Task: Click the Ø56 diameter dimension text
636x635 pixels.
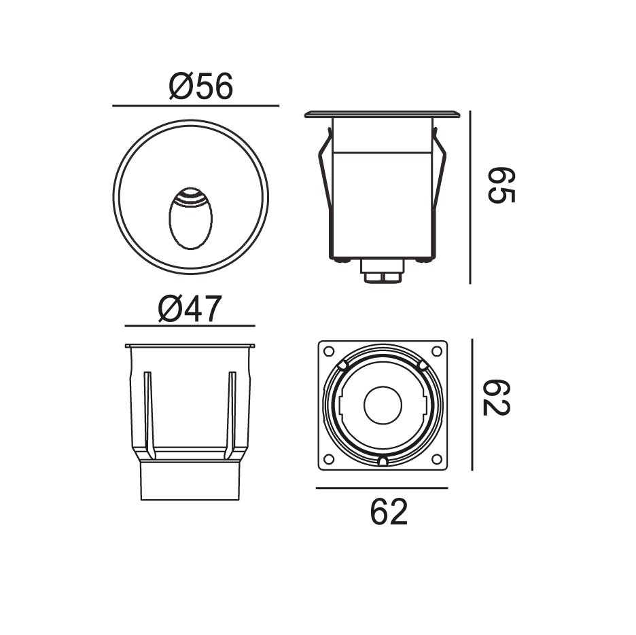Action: (x=201, y=86)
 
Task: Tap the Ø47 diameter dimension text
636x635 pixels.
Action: (x=190, y=308)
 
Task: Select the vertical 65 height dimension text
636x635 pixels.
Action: (x=501, y=185)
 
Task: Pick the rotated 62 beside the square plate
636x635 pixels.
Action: (x=497, y=397)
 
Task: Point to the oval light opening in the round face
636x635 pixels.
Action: (x=191, y=218)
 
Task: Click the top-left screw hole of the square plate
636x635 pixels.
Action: (x=329, y=351)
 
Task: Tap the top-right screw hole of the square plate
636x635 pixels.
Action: (x=437, y=351)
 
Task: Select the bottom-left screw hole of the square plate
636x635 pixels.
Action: (x=329, y=459)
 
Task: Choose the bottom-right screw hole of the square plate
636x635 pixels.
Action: (x=437, y=459)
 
